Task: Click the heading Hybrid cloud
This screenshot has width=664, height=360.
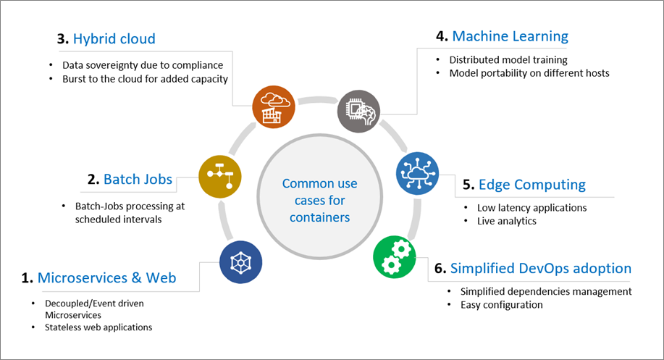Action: [x=109, y=38]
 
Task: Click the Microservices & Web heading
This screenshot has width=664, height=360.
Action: [x=106, y=277]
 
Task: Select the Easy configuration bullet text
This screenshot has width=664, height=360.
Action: [x=501, y=305]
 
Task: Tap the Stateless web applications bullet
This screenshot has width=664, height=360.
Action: [x=98, y=327]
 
